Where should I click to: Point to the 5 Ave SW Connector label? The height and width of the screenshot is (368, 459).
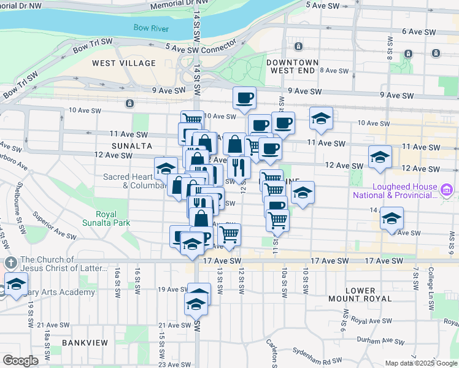pos(200,47)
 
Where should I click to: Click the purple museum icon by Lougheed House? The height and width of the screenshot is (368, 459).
pos(446,191)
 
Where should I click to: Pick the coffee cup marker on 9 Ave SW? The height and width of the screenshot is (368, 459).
pos(244,98)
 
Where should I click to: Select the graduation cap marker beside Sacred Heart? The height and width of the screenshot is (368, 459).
pos(166,167)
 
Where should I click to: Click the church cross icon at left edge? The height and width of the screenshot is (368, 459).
pos(10,263)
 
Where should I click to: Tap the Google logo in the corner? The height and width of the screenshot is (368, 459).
pos(20,361)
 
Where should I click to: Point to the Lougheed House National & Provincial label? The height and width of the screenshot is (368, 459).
pos(395,191)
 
